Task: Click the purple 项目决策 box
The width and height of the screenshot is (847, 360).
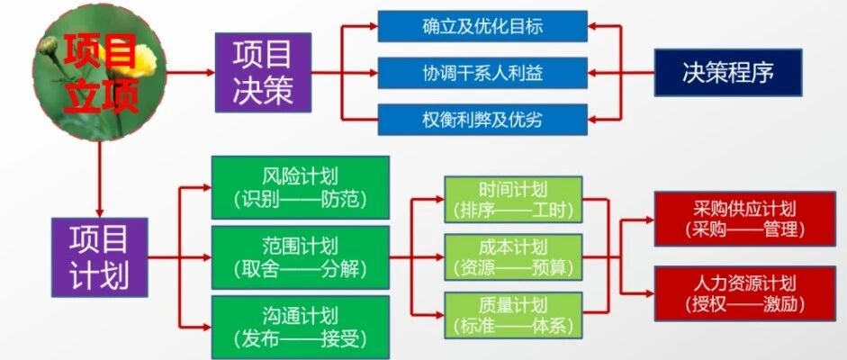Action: click(263, 72)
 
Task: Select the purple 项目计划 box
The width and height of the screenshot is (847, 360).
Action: click(99, 257)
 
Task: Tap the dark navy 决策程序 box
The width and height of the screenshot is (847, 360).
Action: click(728, 72)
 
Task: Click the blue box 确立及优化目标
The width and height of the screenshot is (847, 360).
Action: click(482, 26)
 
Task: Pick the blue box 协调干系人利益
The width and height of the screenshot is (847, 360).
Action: click(482, 73)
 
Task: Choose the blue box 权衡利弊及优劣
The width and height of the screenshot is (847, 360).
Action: click(482, 120)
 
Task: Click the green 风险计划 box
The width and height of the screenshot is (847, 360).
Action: click(301, 187)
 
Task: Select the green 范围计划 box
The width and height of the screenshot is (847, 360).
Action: click(301, 257)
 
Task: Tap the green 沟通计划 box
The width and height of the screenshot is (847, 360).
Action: click(301, 327)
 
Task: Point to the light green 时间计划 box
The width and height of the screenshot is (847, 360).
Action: click(513, 199)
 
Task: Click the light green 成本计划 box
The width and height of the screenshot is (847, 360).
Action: click(513, 256)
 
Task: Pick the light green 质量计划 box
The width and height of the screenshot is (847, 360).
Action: click(513, 316)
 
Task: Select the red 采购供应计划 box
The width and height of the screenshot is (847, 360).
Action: click(745, 219)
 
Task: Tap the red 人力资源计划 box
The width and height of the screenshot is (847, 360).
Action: click(745, 293)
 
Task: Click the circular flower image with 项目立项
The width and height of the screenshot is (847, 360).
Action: click(99, 72)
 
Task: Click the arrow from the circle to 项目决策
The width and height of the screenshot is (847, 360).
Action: click(191, 72)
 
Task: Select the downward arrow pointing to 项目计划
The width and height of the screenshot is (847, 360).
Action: click(99, 179)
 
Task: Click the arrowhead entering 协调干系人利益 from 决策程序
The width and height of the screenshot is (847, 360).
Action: click(592, 72)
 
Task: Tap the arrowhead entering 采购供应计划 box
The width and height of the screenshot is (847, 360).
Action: click(649, 219)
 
